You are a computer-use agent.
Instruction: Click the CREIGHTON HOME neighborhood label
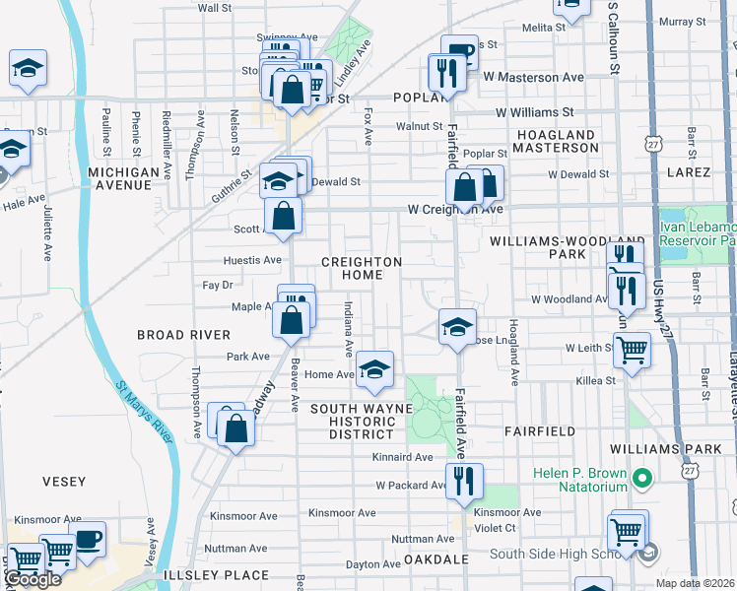click(x=362, y=268)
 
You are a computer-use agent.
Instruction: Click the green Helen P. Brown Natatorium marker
click(x=642, y=480)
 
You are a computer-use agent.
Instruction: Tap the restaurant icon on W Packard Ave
click(x=463, y=481)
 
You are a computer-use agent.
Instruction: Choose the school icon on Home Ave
click(x=374, y=369)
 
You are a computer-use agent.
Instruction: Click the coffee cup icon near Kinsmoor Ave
click(x=88, y=540)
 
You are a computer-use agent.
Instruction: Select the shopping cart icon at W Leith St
click(x=631, y=349)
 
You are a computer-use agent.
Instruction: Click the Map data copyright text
click(x=696, y=583)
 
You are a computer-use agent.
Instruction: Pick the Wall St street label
click(x=214, y=7)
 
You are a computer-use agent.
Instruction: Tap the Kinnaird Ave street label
click(x=402, y=457)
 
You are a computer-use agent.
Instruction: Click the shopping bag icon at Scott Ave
click(x=283, y=215)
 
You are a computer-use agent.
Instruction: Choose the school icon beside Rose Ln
click(x=456, y=327)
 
